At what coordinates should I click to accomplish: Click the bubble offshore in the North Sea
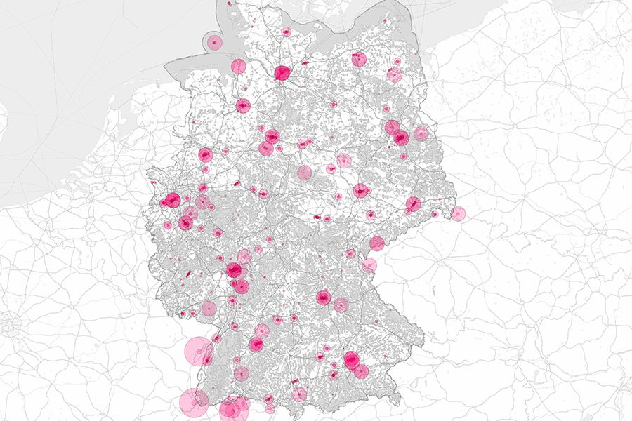213,42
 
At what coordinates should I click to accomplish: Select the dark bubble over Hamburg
282,72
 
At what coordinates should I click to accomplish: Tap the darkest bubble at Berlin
401,138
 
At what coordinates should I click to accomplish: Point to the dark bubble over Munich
352,360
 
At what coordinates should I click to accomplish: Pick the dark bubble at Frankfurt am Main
234,271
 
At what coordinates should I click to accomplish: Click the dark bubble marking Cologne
185,222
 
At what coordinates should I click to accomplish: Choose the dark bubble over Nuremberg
323,298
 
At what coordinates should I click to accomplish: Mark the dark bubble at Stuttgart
256,344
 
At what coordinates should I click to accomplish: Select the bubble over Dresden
413,203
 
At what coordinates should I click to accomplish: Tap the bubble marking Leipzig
361,189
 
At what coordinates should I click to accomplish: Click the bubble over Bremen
243,106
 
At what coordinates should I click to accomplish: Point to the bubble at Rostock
359,59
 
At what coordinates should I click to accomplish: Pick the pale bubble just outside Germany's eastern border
458,213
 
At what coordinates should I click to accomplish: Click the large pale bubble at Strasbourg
199,352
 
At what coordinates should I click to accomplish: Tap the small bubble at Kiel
286,32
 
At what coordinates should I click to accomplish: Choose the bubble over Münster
205,155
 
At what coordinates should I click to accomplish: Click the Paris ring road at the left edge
9,324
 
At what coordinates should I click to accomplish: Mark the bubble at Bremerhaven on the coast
238,66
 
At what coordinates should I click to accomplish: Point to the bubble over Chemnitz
377,243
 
